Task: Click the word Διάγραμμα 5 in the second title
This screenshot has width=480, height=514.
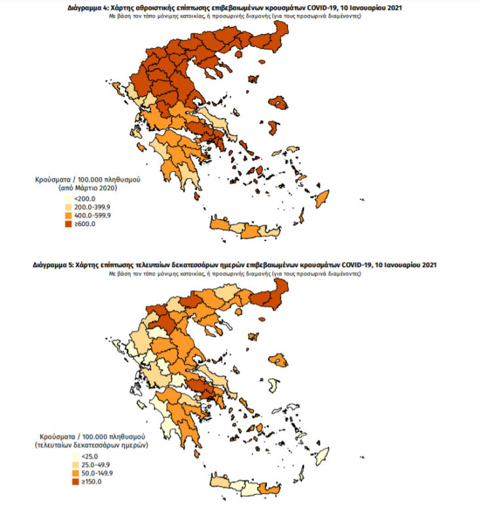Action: (x=54, y=266)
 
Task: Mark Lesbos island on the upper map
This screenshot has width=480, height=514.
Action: (x=279, y=103)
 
